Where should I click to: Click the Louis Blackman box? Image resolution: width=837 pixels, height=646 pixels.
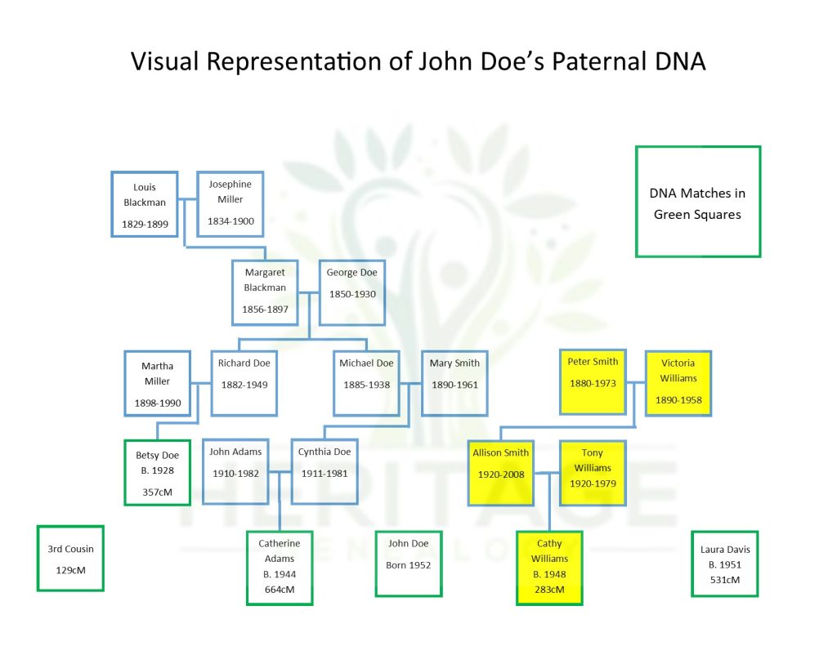tap(145, 204)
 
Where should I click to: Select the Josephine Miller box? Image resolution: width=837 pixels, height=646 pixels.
tap(231, 204)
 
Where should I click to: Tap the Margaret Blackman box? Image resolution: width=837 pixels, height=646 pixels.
tap(266, 292)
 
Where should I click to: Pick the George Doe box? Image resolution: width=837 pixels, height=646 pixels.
tap(352, 292)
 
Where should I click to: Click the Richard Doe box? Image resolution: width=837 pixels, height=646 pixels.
tap(244, 383)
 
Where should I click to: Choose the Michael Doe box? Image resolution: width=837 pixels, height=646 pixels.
tap(366, 383)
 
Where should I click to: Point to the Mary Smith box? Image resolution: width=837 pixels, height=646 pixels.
tap(454, 383)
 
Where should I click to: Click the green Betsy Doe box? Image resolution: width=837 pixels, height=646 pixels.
tap(157, 473)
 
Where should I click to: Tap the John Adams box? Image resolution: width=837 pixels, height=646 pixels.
tap(235, 471)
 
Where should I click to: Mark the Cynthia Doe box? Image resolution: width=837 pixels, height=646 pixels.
tap(325, 471)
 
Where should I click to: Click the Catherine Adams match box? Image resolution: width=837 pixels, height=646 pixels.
tap(280, 568)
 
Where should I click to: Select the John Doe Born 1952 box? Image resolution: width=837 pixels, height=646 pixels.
tap(408, 564)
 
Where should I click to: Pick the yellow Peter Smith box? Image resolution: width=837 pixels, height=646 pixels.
tap(593, 381)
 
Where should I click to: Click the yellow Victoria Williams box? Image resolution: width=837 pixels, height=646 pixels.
tap(678, 382)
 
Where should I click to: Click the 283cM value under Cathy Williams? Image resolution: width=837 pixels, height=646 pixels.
tap(549, 590)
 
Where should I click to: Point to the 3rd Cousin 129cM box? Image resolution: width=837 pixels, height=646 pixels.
tap(70, 558)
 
